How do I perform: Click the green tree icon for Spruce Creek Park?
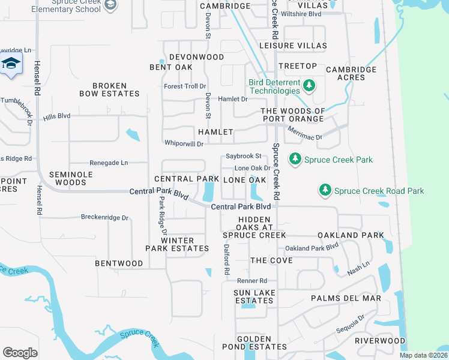(295, 159)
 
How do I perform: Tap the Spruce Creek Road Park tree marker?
(325, 190)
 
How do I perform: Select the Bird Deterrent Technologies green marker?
(309, 86)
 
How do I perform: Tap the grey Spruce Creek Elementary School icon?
(110, 5)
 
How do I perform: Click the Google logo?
(20, 353)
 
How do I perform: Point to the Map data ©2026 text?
(424, 355)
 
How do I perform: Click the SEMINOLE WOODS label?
(67, 178)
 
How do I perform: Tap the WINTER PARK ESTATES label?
(177, 244)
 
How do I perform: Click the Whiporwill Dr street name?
(184, 143)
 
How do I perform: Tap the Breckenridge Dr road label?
(105, 218)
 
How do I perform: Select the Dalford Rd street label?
(227, 259)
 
